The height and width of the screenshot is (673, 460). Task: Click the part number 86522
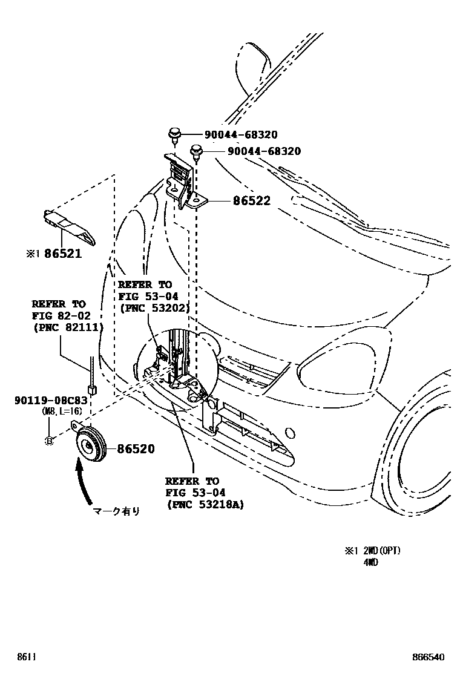point(252,201)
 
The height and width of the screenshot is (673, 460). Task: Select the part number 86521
point(62,255)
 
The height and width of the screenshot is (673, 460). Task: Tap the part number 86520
point(136,449)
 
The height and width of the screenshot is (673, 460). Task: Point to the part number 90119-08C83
point(51,401)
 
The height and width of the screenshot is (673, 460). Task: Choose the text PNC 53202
point(155,307)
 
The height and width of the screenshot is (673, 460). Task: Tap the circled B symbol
point(50,441)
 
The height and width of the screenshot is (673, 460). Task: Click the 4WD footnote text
point(371,562)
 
